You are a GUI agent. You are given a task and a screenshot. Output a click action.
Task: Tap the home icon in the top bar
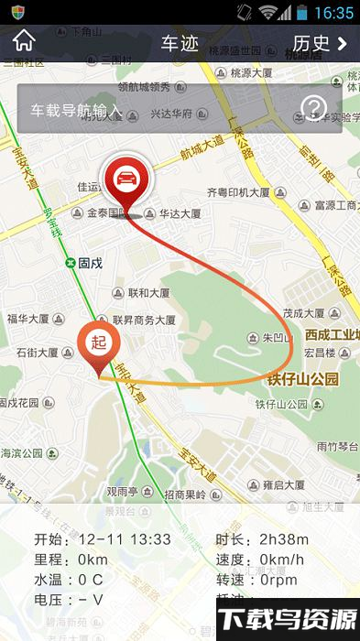click(x=24, y=41)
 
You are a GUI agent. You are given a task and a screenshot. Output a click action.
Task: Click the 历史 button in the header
click(x=319, y=42)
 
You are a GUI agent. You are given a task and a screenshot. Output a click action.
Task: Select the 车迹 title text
click(x=180, y=43)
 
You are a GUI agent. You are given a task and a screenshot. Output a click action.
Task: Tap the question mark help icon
click(x=313, y=110)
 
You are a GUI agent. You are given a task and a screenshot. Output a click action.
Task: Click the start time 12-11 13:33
click(x=124, y=538)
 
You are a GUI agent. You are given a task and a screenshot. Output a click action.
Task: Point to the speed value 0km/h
click(x=281, y=559)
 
